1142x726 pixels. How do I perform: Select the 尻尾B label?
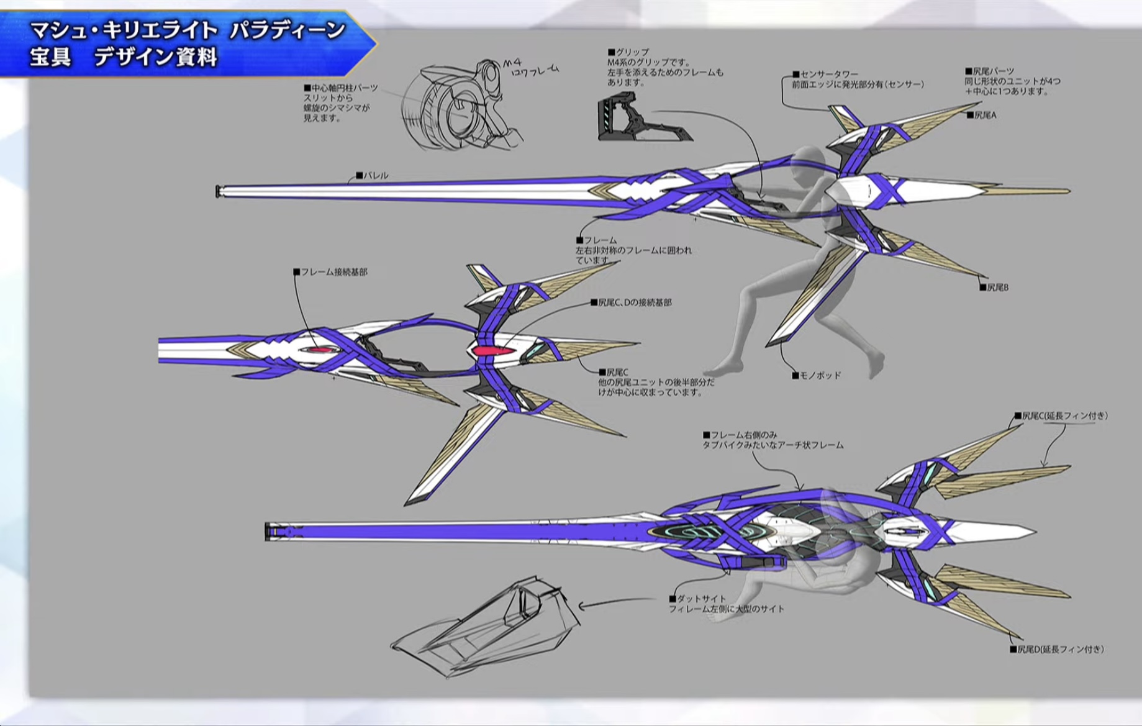point(997,288)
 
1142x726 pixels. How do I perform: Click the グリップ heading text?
point(632,52)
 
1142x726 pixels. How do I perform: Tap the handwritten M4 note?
point(514,63)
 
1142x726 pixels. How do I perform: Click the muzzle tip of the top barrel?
point(219,191)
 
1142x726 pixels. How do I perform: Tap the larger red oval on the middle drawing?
point(494,352)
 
